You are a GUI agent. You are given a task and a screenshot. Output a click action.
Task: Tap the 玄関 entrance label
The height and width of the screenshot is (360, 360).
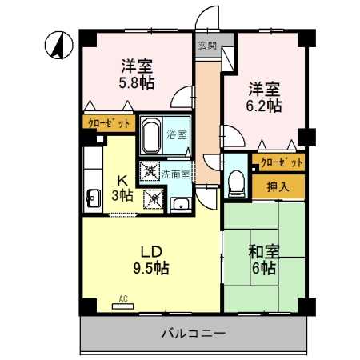[206, 46]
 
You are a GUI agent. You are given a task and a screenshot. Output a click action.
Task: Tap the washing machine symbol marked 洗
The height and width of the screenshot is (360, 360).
[150, 170]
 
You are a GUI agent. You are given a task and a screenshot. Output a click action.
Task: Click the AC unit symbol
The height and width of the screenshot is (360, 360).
[123, 305]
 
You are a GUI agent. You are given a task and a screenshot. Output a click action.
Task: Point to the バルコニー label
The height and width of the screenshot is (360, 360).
[193, 332]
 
